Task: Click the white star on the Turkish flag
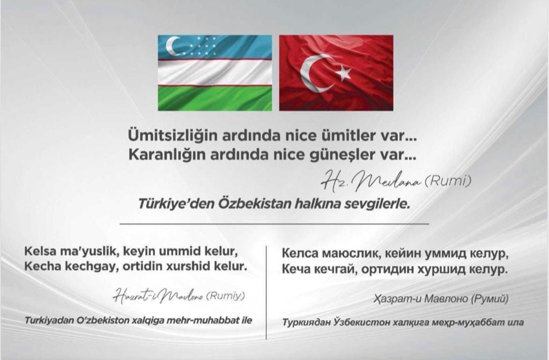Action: coord(344,73)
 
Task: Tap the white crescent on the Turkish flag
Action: coord(313,73)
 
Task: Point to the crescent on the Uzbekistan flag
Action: coord(172,46)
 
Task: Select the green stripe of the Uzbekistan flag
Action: coord(215,99)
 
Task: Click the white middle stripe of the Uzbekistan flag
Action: coord(215,72)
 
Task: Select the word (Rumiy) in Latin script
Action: coord(226,296)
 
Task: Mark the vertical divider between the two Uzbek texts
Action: coord(266,292)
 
